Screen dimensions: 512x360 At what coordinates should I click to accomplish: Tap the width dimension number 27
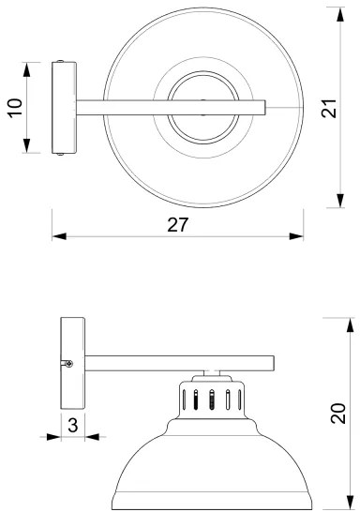(178, 224)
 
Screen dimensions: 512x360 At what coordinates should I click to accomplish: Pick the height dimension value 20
(339, 413)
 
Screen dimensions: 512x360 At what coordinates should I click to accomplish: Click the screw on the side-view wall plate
(67, 363)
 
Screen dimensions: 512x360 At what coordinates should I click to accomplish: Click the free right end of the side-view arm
(270, 361)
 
